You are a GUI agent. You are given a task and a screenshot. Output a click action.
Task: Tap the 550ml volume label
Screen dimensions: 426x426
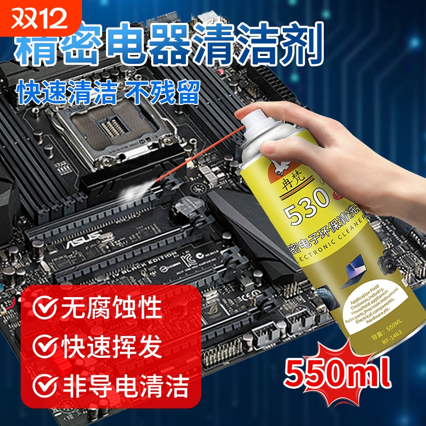click(x=338, y=373)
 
